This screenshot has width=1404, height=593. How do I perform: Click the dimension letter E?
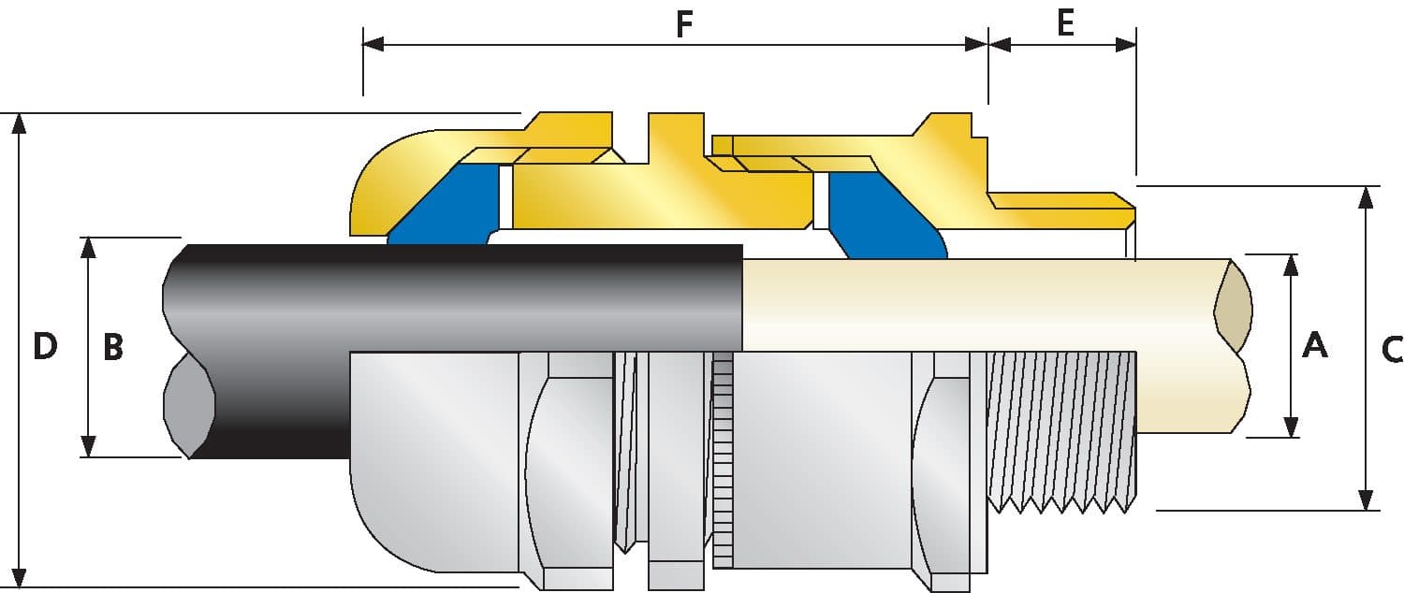pos(1065,22)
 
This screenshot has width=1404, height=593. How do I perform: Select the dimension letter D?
pos(45,347)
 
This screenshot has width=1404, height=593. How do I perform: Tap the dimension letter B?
pos(112,347)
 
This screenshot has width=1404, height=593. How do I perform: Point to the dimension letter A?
pos(1315,345)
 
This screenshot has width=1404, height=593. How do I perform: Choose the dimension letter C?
pos(1392,349)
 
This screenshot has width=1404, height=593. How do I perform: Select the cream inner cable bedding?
pos(983,304)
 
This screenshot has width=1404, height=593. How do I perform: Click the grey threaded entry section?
pos(1062,426)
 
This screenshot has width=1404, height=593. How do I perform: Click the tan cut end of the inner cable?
pos(1233,308)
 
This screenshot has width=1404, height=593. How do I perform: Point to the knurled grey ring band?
pos(722,463)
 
